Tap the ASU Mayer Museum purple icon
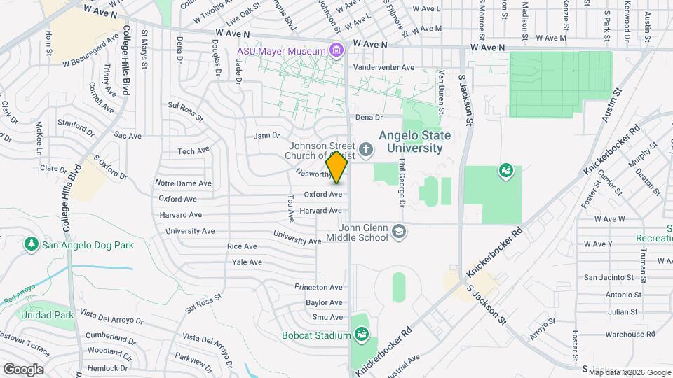(337, 50)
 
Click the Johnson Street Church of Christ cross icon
(365, 149)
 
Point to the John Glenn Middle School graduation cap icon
(398, 232)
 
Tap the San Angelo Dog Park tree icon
(31, 244)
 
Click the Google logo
(23, 369)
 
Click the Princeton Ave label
(318, 287)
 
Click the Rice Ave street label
(243, 246)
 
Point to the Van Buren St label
(441, 91)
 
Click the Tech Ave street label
(193, 150)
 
